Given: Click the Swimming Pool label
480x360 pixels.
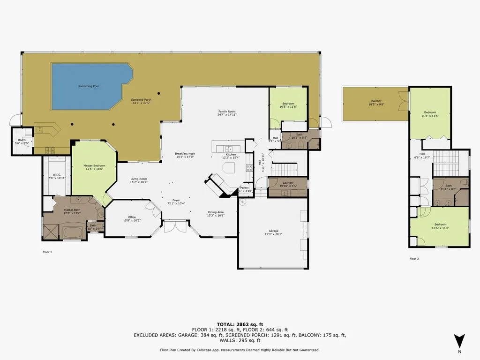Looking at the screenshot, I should pyautogui.click(x=88, y=86).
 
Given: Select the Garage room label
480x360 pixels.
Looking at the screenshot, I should pyautogui.click(x=273, y=231).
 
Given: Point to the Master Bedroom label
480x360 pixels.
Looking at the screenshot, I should pyautogui.click(x=94, y=165).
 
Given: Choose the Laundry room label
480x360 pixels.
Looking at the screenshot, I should pyautogui.click(x=288, y=183).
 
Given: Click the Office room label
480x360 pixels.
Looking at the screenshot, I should pyautogui.click(x=132, y=217).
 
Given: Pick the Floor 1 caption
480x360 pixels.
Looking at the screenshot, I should pyautogui.click(x=47, y=252).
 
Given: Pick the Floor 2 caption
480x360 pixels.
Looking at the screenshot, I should pyautogui.click(x=414, y=258).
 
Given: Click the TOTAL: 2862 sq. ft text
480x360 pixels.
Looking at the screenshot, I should pyautogui.click(x=240, y=324).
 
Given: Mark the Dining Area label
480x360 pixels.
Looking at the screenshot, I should pyautogui.click(x=216, y=212).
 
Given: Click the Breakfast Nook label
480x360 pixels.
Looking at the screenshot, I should pyautogui.click(x=185, y=154).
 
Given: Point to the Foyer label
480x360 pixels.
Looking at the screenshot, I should pyautogui.click(x=176, y=200).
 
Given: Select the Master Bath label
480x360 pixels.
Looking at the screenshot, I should pyautogui.click(x=72, y=210).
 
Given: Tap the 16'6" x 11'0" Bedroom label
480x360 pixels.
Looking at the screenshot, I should pyautogui.click(x=440, y=225).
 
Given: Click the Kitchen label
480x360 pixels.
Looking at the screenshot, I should pyautogui.click(x=231, y=154).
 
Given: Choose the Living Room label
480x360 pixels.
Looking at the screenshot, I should pyautogui.click(x=138, y=179).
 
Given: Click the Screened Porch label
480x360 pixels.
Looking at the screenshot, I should pyautogui.click(x=141, y=100).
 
